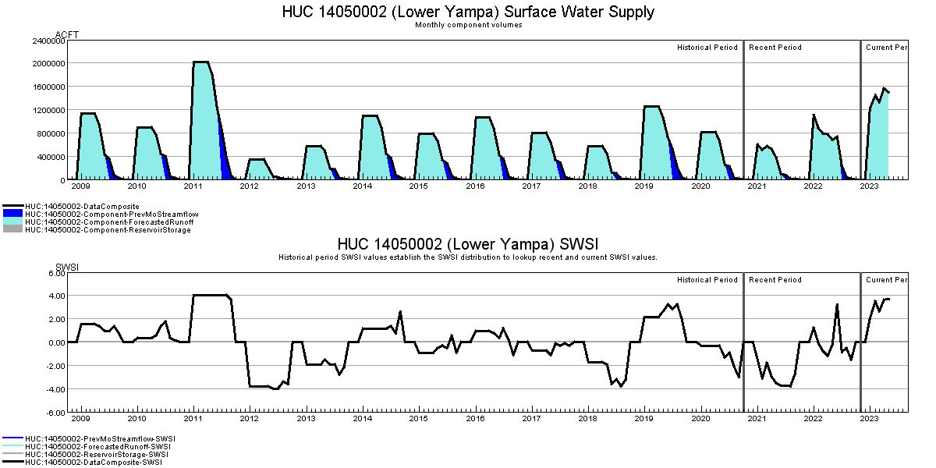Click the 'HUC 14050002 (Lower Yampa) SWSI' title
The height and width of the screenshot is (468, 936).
(468, 244)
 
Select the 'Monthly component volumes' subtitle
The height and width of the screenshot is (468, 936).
(468, 25)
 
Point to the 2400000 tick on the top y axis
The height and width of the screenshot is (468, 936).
(49, 40)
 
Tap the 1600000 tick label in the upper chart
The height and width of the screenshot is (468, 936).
(49, 87)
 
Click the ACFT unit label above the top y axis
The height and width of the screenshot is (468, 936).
(67, 34)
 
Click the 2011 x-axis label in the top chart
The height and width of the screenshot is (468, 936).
(193, 187)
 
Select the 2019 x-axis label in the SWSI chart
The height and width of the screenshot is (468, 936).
(644, 419)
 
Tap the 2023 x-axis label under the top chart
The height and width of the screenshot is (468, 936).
(870, 187)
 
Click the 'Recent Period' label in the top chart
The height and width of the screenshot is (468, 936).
(775, 48)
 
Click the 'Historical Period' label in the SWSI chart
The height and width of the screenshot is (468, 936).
(707, 280)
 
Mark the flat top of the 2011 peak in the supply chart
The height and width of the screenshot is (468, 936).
(201, 62)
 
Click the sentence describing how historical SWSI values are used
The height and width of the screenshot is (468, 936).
(468, 257)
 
